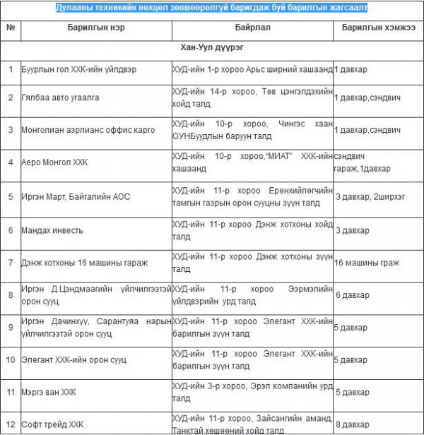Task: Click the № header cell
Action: coord(11,28)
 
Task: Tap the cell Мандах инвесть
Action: coord(53,230)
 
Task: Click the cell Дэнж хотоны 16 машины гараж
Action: coord(84,263)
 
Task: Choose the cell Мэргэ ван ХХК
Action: coord(49,391)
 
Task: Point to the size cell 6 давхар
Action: coord(351,294)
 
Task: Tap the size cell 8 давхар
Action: coord(351,424)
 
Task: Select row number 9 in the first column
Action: coord(11,327)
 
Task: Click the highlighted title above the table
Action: coord(212,7)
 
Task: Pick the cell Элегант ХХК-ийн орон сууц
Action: coord(73,359)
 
